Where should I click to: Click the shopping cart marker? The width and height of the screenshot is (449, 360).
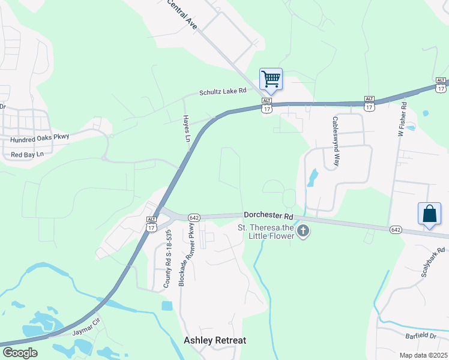271,79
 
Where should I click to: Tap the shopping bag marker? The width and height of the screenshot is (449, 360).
430,214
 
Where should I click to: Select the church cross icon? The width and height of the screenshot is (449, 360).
303,231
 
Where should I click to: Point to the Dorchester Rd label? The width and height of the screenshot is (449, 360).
268,215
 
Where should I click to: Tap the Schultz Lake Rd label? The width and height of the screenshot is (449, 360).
223,92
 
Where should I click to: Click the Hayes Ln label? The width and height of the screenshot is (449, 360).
186,128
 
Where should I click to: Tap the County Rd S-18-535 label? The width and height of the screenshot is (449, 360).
169,258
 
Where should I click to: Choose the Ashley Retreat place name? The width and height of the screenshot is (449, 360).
214,340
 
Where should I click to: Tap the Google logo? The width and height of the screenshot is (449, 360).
20,353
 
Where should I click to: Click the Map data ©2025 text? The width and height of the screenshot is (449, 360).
423,355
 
